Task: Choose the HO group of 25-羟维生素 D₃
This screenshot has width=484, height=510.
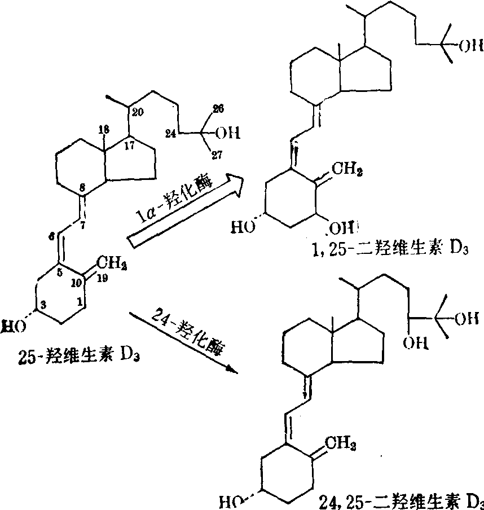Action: [11, 326]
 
